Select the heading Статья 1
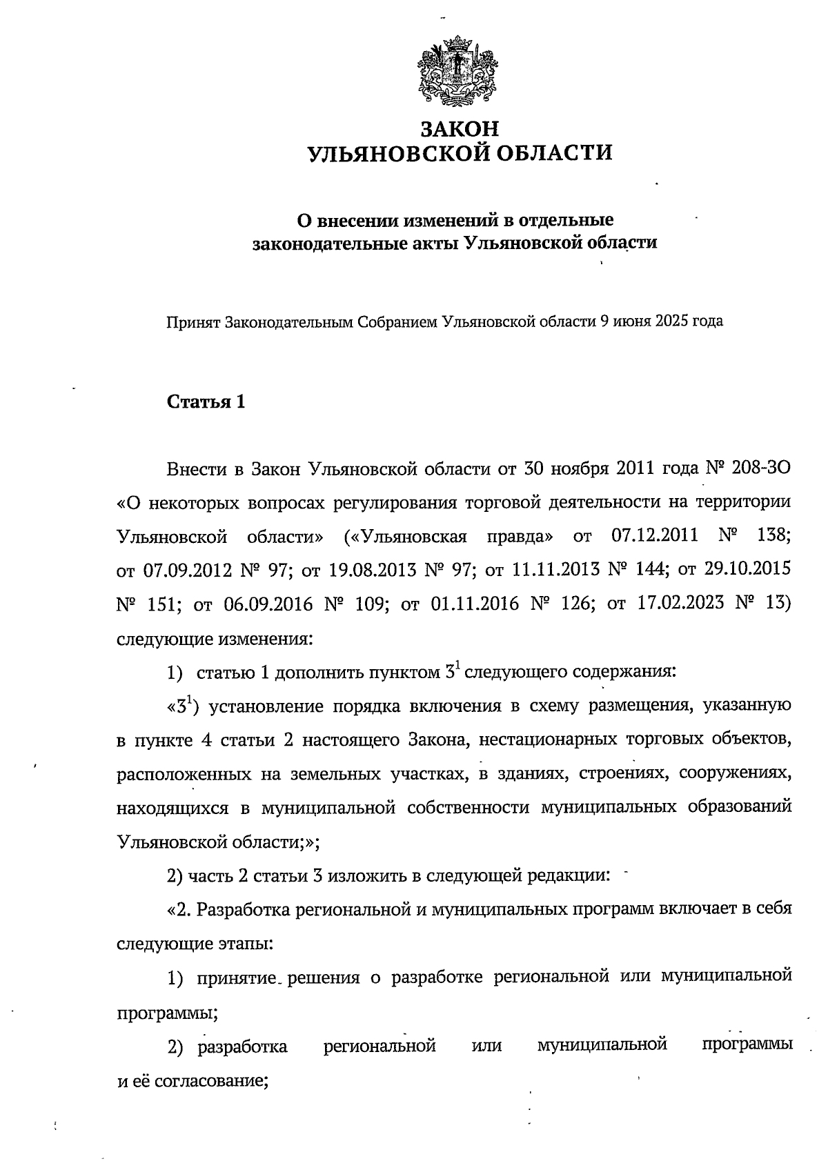tap(206, 402)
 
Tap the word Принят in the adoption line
tap(192, 321)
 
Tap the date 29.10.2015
tap(747, 570)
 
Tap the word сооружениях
tap(734, 773)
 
